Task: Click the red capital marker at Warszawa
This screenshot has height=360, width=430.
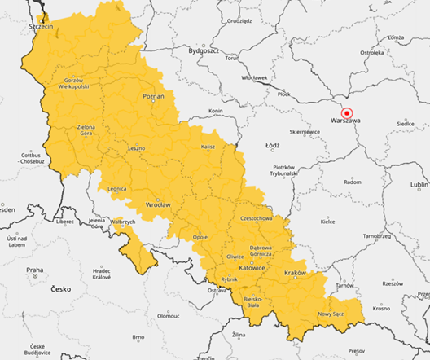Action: (346, 113)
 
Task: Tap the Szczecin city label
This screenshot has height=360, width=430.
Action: (40, 27)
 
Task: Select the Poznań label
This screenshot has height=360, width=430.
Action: (153, 96)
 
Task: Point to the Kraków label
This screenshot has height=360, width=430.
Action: (296, 272)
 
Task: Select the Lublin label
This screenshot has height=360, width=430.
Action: (419, 185)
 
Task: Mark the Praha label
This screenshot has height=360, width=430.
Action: (34, 270)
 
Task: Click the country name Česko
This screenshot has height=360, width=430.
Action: (60, 289)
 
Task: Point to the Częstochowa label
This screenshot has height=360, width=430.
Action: (261, 218)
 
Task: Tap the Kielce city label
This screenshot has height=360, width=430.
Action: (327, 221)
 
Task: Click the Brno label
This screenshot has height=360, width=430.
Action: (138, 336)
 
